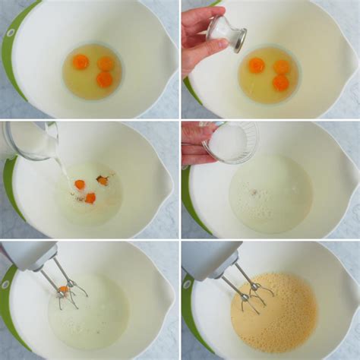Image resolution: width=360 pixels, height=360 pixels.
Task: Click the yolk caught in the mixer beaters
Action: [x=64, y=289]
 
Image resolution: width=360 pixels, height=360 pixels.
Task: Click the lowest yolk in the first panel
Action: [x=104, y=80]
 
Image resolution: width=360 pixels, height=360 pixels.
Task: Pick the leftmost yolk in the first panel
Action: [x=81, y=62]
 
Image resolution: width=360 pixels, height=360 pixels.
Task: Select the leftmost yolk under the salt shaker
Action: [x=257, y=65]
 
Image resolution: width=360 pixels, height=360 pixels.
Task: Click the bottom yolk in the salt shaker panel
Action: [x=280, y=82]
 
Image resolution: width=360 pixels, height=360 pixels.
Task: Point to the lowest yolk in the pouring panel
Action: [x=90, y=198]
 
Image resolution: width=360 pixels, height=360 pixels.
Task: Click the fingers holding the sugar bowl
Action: [x=194, y=144]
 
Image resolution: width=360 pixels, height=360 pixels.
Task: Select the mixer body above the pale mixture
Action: [x=28, y=255]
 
